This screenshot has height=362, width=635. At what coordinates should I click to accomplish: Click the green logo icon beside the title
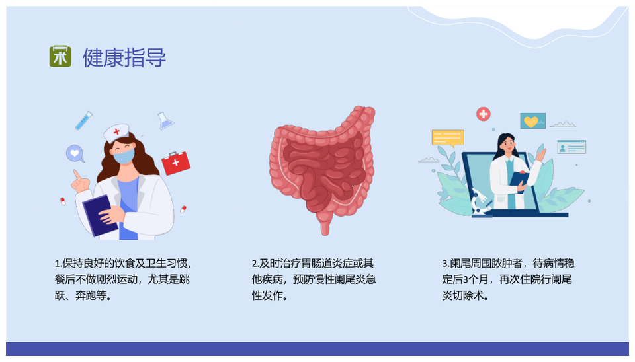(60, 56)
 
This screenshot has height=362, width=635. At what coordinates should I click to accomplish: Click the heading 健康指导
(124, 57)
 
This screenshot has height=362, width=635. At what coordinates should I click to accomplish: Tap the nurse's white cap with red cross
(116, 133)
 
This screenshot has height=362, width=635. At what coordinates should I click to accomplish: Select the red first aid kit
(176, 163)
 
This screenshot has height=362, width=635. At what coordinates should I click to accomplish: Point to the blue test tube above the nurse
(84, 120)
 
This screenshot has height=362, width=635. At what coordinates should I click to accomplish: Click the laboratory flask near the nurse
(165, 121)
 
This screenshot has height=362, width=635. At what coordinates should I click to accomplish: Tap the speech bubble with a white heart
(75, 154)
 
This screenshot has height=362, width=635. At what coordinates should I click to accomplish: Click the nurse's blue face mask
(124, 156)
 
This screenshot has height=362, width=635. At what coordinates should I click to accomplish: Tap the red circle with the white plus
(483, 114)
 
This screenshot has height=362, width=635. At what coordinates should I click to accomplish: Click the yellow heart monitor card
(532, 121)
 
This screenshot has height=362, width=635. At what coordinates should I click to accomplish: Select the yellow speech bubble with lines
(448, 138)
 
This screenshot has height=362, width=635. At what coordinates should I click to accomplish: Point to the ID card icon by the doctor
(571, 147)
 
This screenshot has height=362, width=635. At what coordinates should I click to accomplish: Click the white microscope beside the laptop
(481, 202)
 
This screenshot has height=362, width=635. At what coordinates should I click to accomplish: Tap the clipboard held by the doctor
(519, 179)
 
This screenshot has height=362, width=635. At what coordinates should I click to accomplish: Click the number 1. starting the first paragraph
(58, 264)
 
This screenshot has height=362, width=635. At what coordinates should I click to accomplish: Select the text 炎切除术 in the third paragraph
(463, 296)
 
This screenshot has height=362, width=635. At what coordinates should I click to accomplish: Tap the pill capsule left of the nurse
(63, 201)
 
